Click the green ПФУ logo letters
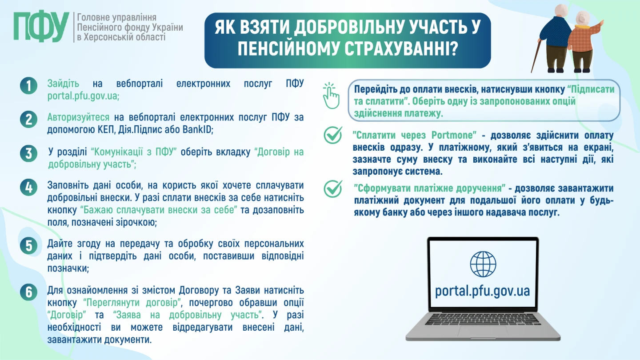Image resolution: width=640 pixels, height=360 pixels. coord(41,27)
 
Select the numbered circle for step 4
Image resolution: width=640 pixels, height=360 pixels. coord(28,187)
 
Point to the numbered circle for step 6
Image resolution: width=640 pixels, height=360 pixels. coord(28,292)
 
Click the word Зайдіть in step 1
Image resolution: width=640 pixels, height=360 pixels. coord(64,84)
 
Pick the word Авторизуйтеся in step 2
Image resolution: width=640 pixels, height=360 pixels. coord(78,118)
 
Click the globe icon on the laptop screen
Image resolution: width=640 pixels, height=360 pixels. coord(483,264)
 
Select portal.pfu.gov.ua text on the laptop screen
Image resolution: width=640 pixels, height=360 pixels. coord(483,291)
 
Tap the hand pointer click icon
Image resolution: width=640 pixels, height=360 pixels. coord(330,95)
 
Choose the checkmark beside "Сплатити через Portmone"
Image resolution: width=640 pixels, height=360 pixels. coord(332,135)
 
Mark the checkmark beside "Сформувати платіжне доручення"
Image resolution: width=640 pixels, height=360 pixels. coord(332,188)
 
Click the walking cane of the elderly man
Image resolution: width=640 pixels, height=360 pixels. coord(536,56)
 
